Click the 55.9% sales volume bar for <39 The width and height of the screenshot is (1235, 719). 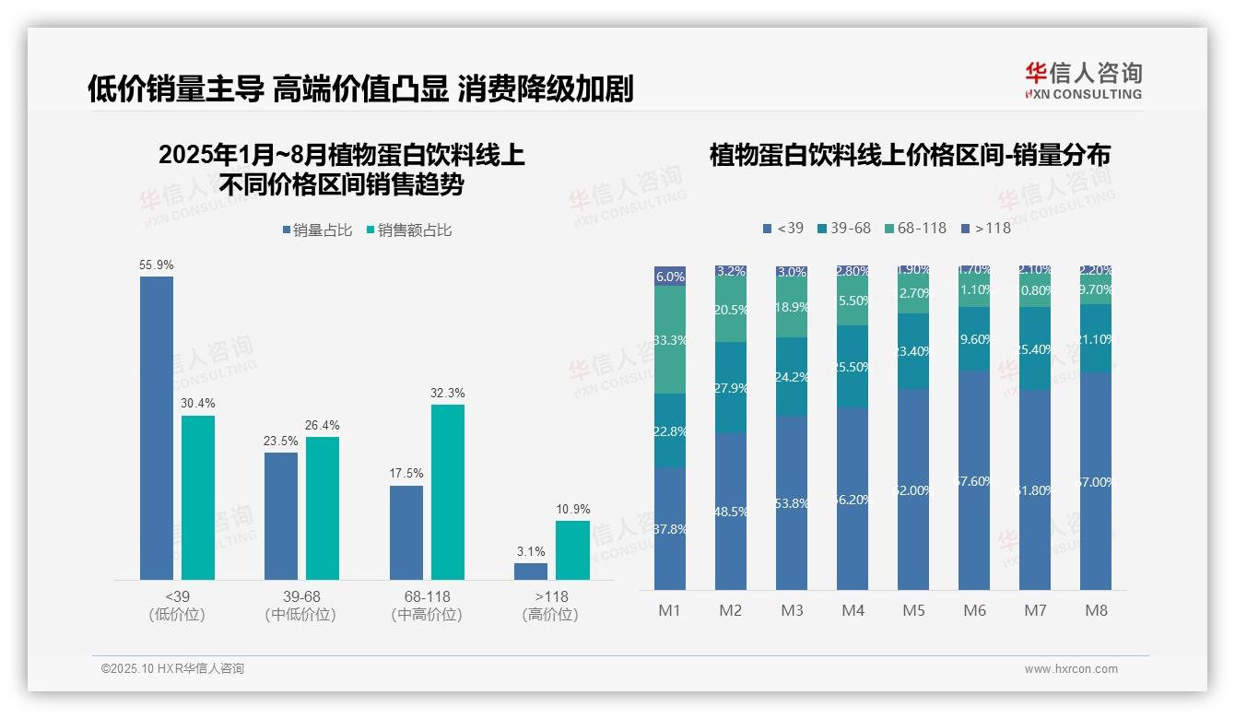157,428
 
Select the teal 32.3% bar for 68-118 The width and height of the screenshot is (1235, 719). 448,492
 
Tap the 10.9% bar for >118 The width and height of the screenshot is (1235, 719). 572,550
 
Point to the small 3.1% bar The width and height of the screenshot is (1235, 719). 531,572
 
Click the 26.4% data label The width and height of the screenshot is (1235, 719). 323,426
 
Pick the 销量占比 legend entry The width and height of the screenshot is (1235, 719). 317,230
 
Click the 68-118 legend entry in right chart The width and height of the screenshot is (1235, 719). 915,228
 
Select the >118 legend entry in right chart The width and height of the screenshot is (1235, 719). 985,228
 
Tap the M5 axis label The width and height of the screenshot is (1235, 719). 913,610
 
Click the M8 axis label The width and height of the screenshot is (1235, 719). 1096,610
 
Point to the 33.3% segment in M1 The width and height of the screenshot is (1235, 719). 670,340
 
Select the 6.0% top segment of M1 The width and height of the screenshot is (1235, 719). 670,276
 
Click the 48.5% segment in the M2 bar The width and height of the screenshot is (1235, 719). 731,512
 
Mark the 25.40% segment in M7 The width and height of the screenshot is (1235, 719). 1035,348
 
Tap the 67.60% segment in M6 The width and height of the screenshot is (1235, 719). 974,480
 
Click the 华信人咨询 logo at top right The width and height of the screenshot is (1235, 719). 1083,81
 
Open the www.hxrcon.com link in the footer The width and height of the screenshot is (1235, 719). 1071,669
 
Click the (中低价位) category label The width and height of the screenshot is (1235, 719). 300,615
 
